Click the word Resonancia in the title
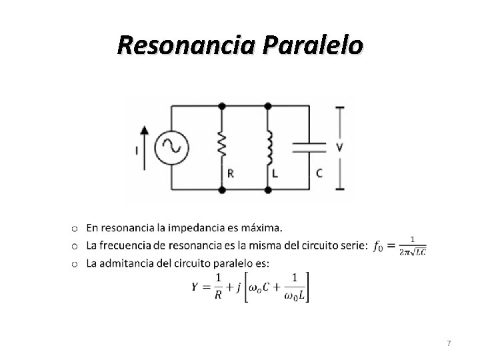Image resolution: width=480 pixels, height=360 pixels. (186, 45)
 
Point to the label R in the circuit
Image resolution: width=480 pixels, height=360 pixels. (230, 173)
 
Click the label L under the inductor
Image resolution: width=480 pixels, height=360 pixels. (276, 173)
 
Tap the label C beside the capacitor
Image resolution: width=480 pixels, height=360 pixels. (319, 173)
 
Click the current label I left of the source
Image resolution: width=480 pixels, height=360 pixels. (137, 151)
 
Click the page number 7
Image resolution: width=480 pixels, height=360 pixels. (449, 343)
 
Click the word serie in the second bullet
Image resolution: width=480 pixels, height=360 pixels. (352, 246)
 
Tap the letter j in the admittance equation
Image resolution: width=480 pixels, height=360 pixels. (238, 287)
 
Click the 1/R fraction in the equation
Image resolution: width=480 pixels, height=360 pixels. (217, 287)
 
